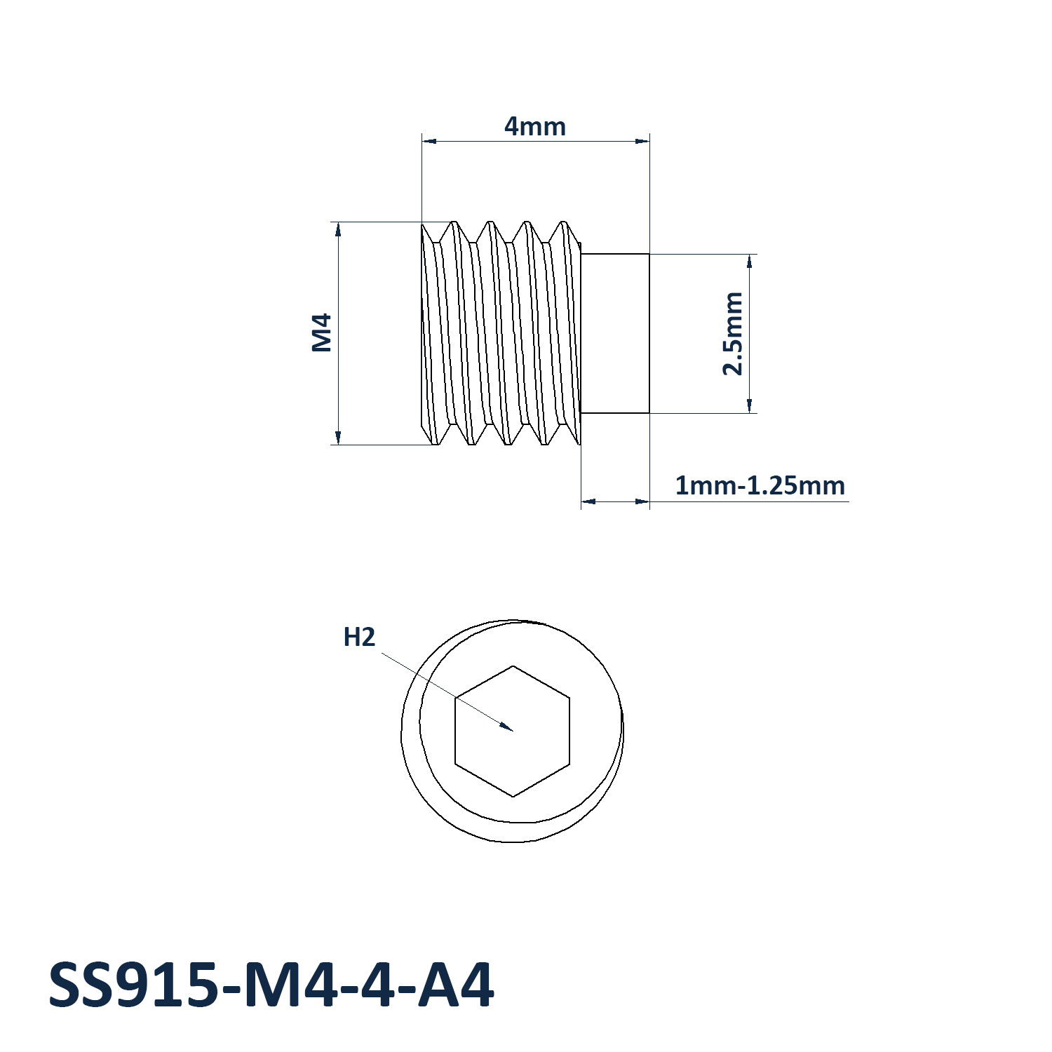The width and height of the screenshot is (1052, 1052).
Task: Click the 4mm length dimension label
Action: click(534, 126)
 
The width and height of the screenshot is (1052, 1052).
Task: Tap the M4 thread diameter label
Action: click(322, 332)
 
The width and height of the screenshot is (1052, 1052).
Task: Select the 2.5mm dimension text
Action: click(732, 334)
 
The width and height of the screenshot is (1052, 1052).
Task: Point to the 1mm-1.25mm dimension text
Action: click(760, 485)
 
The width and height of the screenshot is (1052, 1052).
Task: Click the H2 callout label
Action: click(359, 638)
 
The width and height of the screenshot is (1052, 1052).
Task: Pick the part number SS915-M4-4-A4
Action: click(271, 985)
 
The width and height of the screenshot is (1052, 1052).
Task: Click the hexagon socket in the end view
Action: click(513, 731)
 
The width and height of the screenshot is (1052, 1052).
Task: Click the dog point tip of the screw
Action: click(615, 334)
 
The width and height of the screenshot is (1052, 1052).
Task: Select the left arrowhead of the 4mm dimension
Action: click(429, 141)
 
